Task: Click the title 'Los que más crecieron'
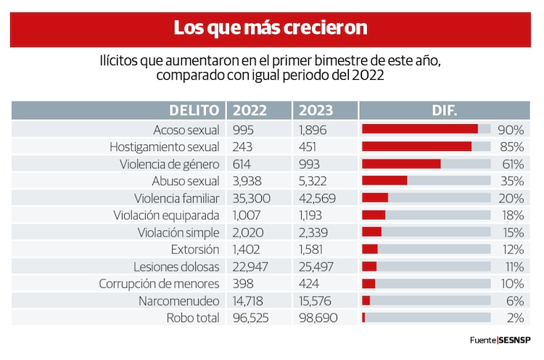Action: pyautogui.click(x=270, y=28)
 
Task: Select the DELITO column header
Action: pyautogui.click(x=194, y=110)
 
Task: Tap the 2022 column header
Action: pyautogui.click(x=249, y=110)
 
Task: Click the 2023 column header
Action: pyautogui.click(x=316, y=110)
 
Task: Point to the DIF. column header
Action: pyautogui.click(x=443, y=110)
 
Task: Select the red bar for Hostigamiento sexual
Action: pyautogui.click(x=416, y=147)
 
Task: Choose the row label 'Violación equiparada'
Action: pyautogui.click(x=166, y=215)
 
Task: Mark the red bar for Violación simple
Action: pyautogui.click(x=371, y=232)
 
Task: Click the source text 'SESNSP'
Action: pyautogui.click(x=516, y=340)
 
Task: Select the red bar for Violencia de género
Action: pyautogui.click(x=401, y=163)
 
